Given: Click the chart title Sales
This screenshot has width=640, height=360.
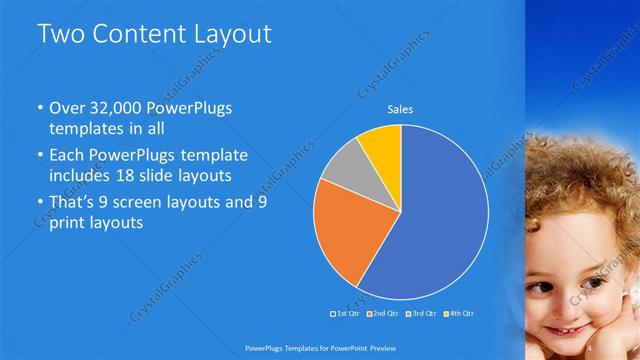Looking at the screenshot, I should click(401, 110).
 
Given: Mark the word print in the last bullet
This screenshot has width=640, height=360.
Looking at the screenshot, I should click(68, 223).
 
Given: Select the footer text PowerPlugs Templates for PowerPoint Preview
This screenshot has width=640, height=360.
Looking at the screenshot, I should click(320, 348).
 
